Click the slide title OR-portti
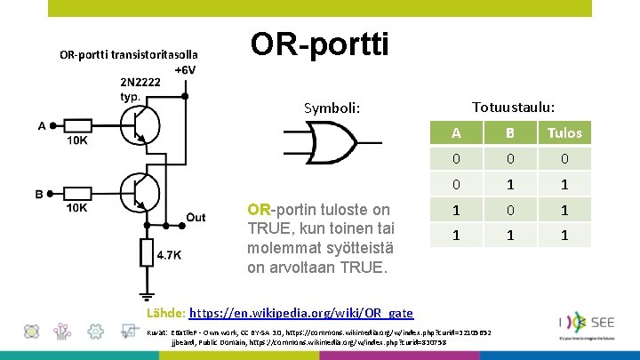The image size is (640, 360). [x=320, y=44]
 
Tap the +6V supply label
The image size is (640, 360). [x=186, y=70]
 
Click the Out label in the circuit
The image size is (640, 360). [x=196, y=217]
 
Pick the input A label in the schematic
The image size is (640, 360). [x=42, y=125]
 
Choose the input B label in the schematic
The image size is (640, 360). [x=39, y=193]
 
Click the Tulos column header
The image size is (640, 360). [x=564, y=133]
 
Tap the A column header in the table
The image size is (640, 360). [x=456, y=133]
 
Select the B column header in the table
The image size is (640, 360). [x=510, y=133]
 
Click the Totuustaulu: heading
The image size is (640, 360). [x=514, y=107]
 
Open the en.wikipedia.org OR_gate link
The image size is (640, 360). [x=301, y=313]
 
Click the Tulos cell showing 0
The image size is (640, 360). [x=564, y=160]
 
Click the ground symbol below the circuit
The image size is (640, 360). [x=145, y=296]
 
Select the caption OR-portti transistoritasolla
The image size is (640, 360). [x=129, y=54]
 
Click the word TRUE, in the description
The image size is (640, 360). [x=268, y=227]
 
